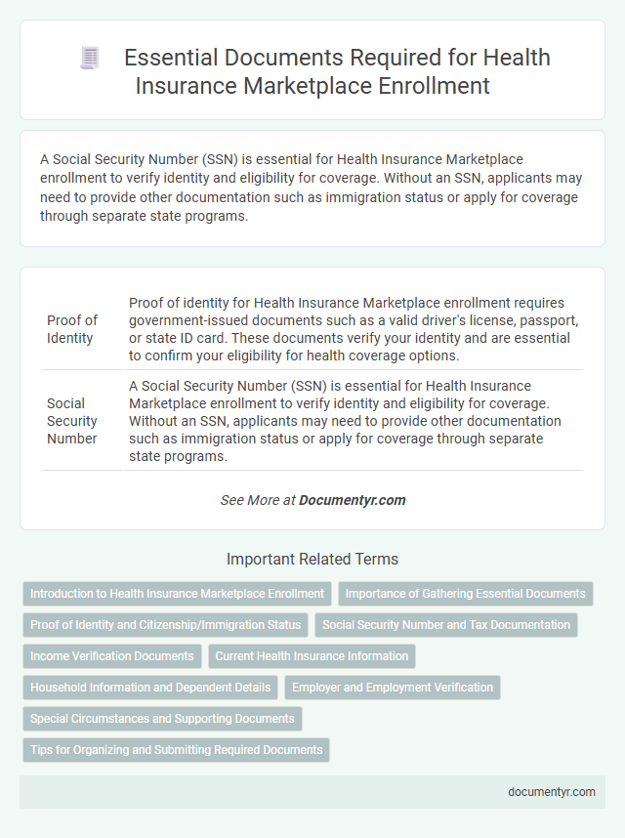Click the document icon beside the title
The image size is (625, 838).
(x=89, y=59)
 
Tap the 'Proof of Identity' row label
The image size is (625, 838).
(x=72, y=329)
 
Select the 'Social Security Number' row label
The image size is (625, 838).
(x=72, y=420)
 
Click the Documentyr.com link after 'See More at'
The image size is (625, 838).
(x=352, y=500)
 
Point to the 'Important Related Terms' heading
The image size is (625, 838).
(x=312, y=560)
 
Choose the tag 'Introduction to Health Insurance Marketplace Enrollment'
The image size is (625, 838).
(x=177, y=594)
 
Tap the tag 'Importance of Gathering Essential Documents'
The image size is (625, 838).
(x=466, y=594)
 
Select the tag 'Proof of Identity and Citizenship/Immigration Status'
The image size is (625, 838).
(x=165, y=625)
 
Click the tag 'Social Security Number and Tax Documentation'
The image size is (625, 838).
(x=446, y=625)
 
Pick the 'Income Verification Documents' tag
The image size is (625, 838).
(x=112, y=656)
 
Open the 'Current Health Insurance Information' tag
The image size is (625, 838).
(x=312, y=656)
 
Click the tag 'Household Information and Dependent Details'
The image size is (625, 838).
(x=150, y=688)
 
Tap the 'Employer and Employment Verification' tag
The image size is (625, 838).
(x=393, y=688)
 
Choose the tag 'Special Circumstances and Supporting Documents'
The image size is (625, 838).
(x=162, y=719)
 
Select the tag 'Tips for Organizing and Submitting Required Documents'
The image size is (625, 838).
(x=176, y=750)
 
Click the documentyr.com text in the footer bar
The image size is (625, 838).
(x=552, y=792)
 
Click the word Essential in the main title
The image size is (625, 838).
(x=173, y=59)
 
